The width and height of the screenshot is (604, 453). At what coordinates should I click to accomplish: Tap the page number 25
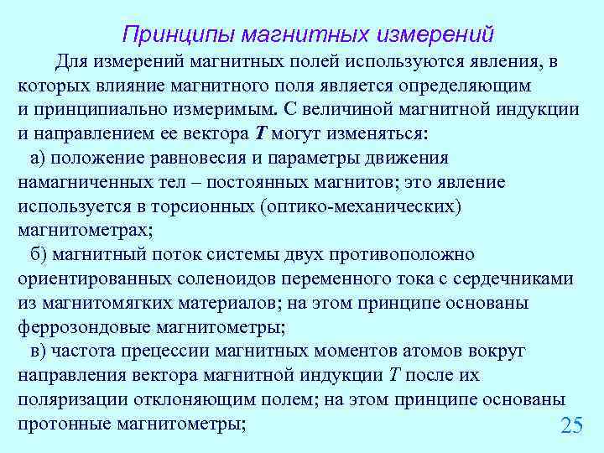570,425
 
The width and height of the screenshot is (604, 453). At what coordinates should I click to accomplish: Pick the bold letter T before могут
261,133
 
